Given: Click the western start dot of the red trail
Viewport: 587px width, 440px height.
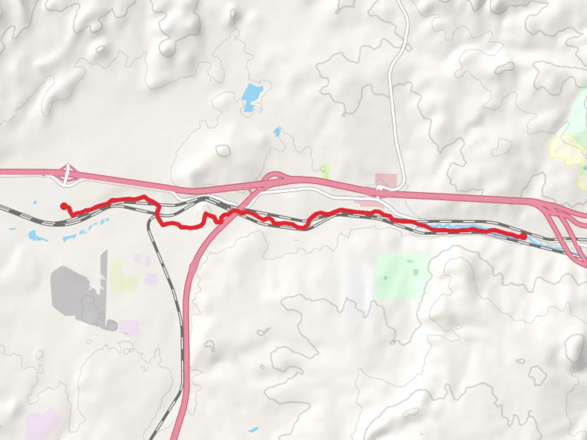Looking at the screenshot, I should (63, 206).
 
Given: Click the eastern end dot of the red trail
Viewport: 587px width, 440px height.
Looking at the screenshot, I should (523, 236).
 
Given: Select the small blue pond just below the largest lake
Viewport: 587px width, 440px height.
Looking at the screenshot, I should (277, 132).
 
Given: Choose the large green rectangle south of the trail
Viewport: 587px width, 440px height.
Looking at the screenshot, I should (402, 276).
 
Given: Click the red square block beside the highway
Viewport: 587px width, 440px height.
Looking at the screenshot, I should (386, 180).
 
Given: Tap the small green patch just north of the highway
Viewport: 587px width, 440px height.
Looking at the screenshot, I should (326, 171).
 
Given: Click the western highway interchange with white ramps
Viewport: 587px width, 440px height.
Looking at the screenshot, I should (68, 175).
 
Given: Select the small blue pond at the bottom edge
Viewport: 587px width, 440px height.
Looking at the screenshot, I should (253, 429).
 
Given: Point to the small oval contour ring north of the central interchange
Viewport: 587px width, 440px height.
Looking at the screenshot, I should (223, 151).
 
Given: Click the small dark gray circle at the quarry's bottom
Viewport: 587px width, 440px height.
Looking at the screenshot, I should (111, 325).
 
